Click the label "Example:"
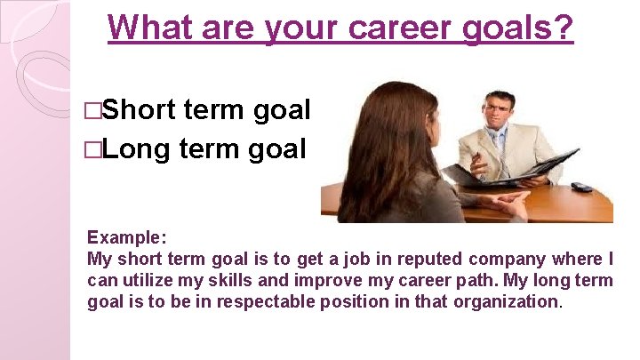126,238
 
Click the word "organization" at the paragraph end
506,302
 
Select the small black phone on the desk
581,187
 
